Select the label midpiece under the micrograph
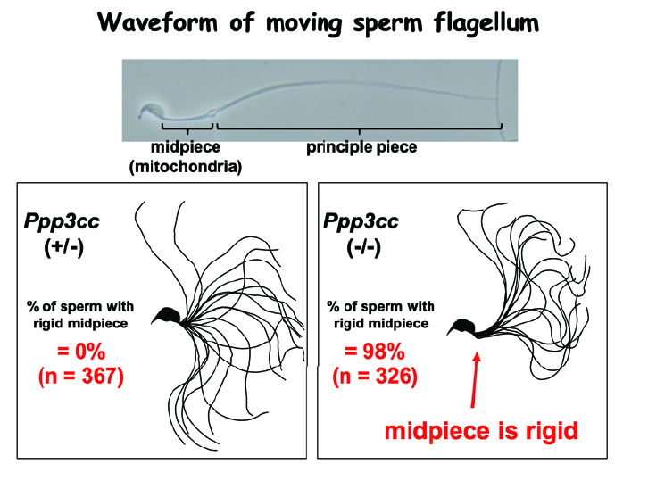tap(185, 147)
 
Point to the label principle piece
tap(361, 147)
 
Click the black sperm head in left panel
tap(167, 312)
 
